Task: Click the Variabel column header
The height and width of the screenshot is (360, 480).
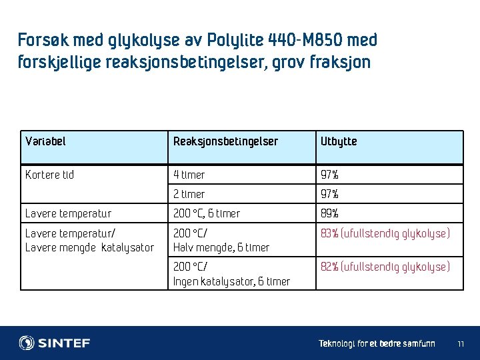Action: point(45,141)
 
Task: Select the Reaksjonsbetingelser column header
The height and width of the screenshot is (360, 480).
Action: point(225,141)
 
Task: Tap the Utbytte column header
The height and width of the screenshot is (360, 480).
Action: point(339,141)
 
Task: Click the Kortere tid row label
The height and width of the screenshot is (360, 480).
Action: point(49,175)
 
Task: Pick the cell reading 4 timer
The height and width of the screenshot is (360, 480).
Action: point(189,175)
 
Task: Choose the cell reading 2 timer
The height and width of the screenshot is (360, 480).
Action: point(189,194)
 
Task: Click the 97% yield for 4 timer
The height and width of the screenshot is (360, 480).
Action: point(329,175)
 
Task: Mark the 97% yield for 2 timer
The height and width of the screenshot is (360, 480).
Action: point(329,194)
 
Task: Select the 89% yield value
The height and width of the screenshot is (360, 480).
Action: point(329,214)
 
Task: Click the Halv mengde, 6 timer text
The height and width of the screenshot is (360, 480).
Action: point(221,247)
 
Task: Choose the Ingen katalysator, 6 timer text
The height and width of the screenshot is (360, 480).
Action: point(231,281)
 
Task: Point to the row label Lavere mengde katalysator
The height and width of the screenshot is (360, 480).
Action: point(89,247)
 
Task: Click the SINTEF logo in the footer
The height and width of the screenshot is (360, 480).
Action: point(55,343)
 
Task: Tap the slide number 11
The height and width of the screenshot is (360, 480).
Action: point(461,344)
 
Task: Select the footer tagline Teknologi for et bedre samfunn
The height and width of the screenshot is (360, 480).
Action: point(377,344)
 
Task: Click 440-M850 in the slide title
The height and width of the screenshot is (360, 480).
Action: point(303,40)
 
